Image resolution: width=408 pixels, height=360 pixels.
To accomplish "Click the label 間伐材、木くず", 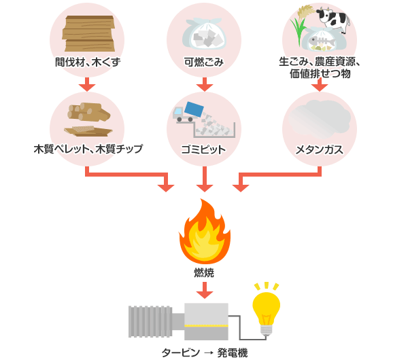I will click(x=86, y=62).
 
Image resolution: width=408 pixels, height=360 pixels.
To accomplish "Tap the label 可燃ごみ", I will click(x=204, y=62).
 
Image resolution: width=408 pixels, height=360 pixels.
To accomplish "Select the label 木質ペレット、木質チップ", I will click(x=86, y=149).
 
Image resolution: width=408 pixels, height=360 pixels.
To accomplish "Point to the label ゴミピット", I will click(x=204, y=149).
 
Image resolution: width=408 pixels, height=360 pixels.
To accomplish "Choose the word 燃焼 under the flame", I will click(x=204, y=272).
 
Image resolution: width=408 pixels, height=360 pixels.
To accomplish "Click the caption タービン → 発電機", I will click(x=204, y=352).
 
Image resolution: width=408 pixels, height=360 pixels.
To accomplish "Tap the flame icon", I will click(x=204, y=233).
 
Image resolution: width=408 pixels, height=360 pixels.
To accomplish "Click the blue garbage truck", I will click(x=188, y=112).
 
